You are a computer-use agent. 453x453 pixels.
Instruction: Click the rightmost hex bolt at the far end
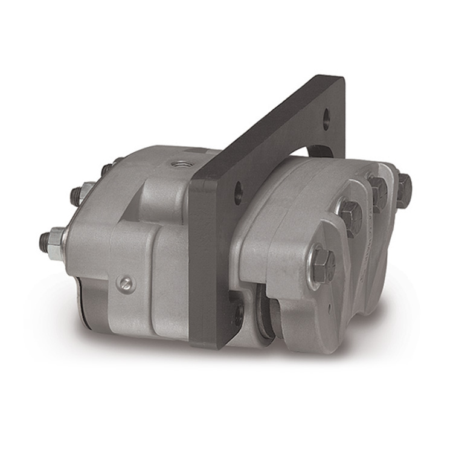coord(403,189)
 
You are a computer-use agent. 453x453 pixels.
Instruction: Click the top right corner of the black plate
coord(342,79)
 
